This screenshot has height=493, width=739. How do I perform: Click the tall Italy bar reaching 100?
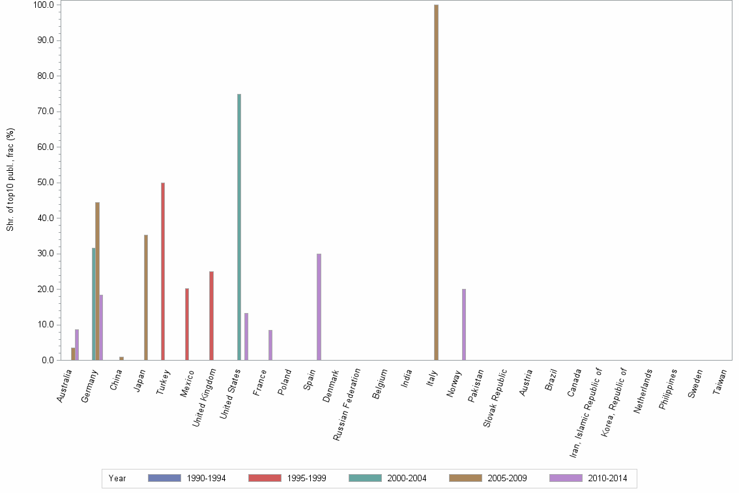click(436, 183)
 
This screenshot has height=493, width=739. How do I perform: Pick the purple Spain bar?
click(319, 306)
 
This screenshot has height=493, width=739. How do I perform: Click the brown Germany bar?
click(97, 281)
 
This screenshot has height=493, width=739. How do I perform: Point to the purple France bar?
click(270, 345)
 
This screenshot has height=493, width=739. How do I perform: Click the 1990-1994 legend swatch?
click(164, 478)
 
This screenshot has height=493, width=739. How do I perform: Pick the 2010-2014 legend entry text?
click(607, 478)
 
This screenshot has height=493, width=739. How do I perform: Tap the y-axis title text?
click(11, 179)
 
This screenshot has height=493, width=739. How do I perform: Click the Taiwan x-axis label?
click(721, 385)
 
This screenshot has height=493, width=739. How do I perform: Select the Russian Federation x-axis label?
click(347, 404)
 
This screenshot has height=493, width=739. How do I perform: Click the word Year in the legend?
click(117, 478)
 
